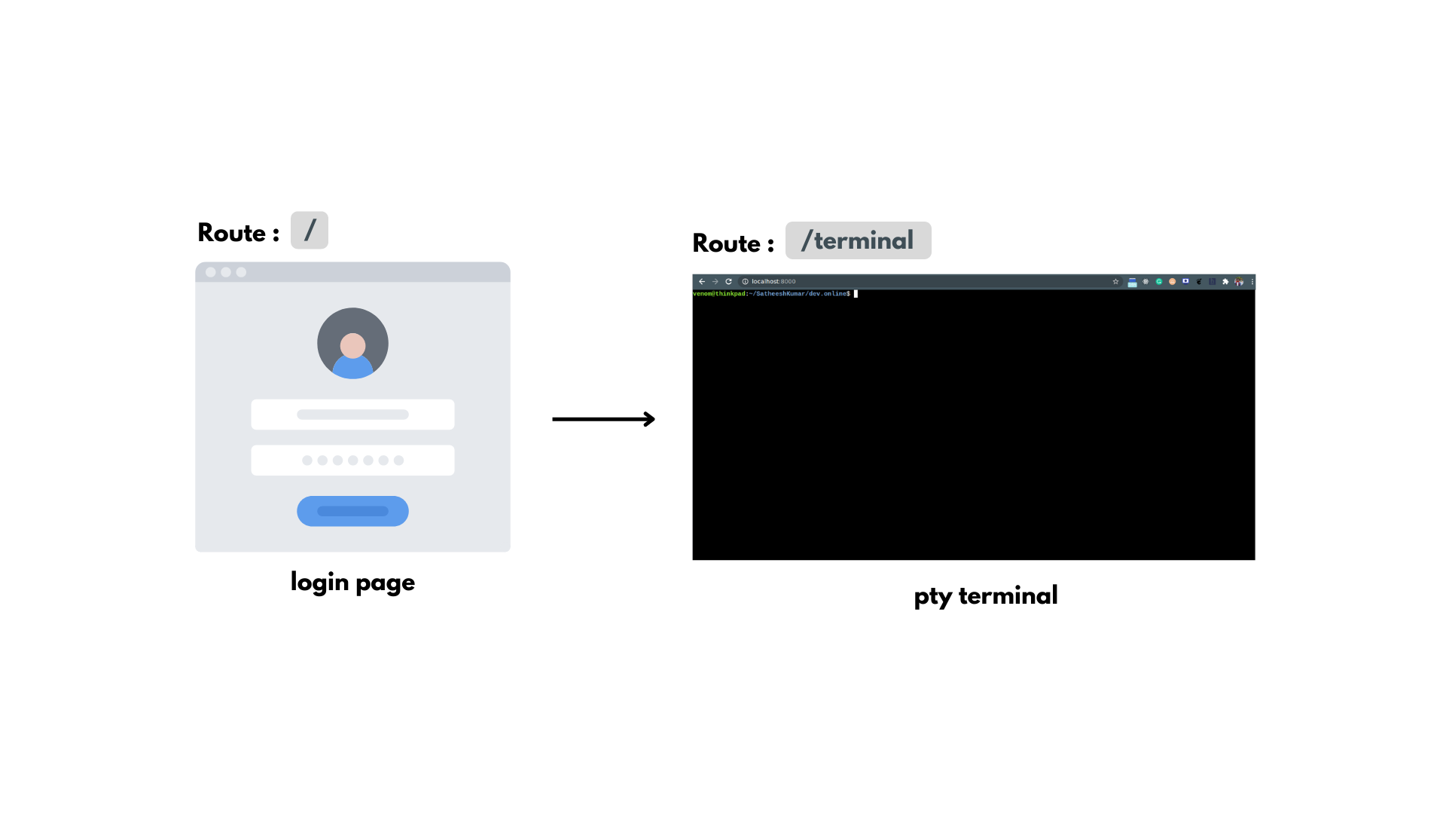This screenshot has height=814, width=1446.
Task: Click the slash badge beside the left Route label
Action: click(310, 230)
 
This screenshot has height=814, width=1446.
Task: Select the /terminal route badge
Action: click(858, 240)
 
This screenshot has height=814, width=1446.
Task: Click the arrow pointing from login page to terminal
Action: click(603, 419)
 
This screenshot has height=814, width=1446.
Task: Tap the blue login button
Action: click(352, 511)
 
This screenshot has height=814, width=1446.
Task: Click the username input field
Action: click(352, 415)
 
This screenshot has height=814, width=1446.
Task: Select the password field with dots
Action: click(352, 461)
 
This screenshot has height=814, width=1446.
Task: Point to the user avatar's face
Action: click(352, 346)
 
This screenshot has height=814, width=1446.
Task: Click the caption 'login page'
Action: click(352, 583)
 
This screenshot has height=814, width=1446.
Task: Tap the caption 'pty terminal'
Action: click(985, 596)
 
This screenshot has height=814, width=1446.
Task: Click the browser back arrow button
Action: click(702, 282)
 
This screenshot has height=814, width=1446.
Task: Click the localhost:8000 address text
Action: click(773, 282)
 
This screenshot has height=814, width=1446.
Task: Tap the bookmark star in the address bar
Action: click(1115, 282)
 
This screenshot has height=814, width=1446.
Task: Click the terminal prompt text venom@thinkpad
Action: click(719, 294)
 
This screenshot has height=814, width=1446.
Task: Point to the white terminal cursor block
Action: click(856, 294)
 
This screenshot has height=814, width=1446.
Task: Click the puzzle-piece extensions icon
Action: click(1225, 282)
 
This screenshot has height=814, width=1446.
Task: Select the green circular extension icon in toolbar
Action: click(1159, 282)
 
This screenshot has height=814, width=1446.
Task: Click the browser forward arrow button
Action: click(715, 282)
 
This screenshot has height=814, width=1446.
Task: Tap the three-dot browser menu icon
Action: click(1252, 282)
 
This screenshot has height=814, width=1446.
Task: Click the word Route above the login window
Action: click(232, 233)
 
